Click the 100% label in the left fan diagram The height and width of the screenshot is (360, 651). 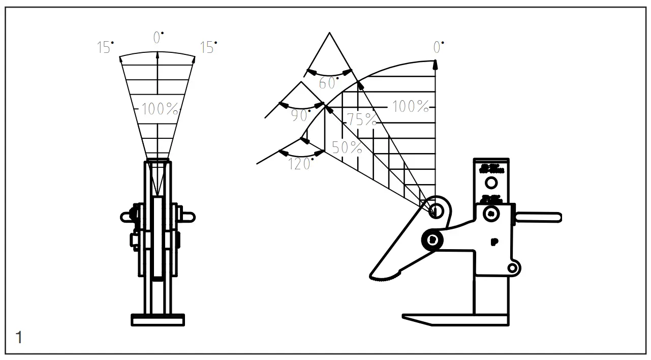[x=160, y=108]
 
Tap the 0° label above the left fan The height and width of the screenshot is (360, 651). [x=158, y=38]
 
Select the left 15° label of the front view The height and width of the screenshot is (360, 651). [x=105, y=48]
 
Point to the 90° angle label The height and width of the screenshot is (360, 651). [x=301, y=115]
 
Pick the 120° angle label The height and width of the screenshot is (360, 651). [x=300, y=164]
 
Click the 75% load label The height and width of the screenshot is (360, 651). [x=362, y=120]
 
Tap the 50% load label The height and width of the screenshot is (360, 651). [x=347, y=148]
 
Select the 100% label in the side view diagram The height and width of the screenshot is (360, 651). [x=410, y=107]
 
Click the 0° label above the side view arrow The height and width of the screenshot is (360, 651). [x=438, y=47]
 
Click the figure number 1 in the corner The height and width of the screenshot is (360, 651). [x=19, y=337]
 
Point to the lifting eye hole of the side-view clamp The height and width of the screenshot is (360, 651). [x=436, y=210]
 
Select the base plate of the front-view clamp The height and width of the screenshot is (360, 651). [x=158, y=320]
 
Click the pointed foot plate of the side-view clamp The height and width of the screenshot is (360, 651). [x=455, y=320]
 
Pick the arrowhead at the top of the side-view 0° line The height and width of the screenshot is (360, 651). [x=436, y=64]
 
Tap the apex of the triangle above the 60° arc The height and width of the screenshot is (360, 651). [x=330, y=33]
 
